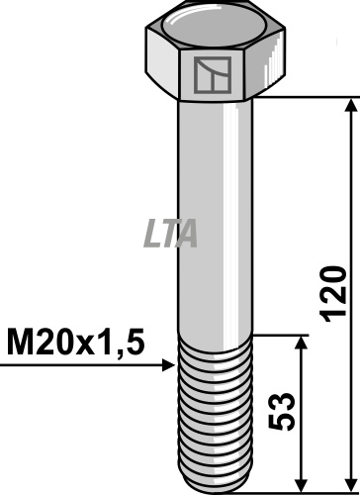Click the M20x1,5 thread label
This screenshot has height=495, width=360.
click(75, 342)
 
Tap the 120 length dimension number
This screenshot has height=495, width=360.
click(334, 294)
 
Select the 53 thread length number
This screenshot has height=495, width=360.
click(281, 411)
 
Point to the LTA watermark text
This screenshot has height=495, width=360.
click(171, 234)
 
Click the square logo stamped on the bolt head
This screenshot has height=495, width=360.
click(213, 75)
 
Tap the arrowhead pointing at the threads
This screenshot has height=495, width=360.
click(169, 365)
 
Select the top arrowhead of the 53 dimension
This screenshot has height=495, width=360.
click(301, 343)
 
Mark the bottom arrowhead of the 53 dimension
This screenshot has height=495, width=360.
click(301, 485)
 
